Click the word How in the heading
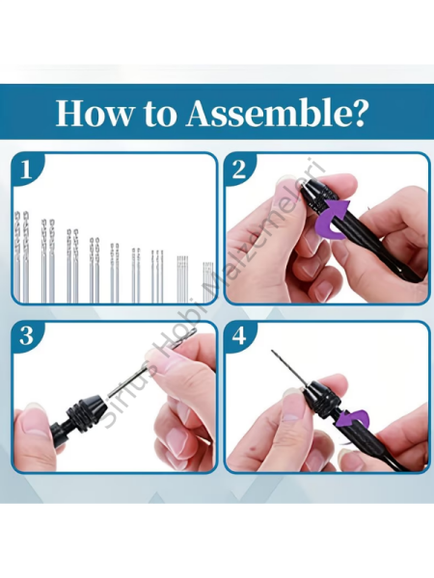coord(93,113)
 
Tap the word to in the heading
coord(159,115)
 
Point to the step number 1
coord(25,171)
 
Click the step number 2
coord(239,171)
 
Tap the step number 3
coord(26,336)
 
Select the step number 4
coord(239,336)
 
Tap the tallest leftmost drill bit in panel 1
coord(17,256)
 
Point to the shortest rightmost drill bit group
coord(208,282)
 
